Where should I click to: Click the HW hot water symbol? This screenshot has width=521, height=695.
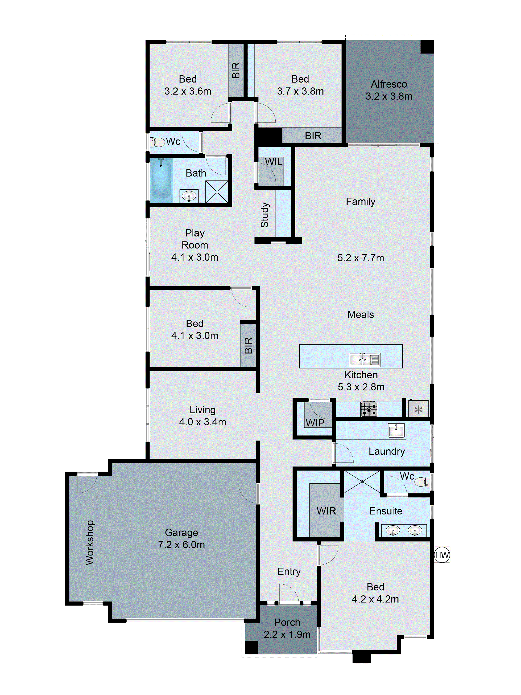[442, 555]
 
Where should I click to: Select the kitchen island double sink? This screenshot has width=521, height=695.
[365, 360]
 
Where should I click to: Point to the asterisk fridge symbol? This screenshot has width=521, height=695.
[418, 410]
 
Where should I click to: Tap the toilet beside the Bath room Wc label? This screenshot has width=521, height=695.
[158, 142]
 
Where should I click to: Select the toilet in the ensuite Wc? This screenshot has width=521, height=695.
[422, 482]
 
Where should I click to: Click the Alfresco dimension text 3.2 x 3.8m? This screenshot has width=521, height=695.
[389, 96]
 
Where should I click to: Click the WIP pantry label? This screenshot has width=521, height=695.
[315, 423]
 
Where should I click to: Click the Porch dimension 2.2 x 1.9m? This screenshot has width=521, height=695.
[287, 634]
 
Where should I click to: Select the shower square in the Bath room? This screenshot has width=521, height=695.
[217, 192]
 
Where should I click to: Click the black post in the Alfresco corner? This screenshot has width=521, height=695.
[427, 47]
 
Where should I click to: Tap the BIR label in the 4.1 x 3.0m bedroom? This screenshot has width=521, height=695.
[248, 346]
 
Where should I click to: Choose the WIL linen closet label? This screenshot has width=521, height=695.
[274, 162]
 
